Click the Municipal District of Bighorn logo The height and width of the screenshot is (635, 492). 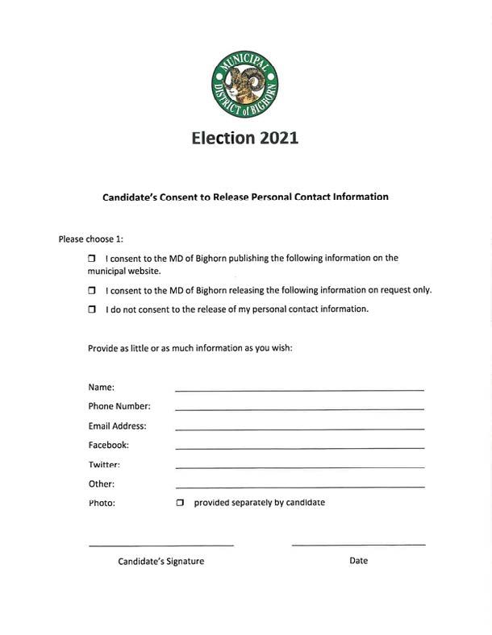[x=244, y=85]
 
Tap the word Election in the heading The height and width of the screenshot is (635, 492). [x=223, y=138]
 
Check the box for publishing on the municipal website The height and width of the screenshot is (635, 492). [x=92, y=259]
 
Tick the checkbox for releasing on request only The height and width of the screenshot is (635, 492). [x=92, y=290]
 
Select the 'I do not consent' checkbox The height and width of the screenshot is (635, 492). [x=92, y=309]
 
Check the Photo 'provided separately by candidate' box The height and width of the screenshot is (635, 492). [x=180, y=503]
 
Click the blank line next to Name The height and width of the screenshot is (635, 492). [x=299, y=390]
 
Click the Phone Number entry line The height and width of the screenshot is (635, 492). [x=299, y=409]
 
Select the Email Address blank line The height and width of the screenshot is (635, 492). [x=299, y=429]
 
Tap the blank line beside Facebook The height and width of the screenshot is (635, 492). [x=299, y=448]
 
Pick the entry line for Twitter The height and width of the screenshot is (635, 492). [x=299, y=467]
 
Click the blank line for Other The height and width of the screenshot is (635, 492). [x=299, y=487]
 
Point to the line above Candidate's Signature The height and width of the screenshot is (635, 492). [x=161, y=546]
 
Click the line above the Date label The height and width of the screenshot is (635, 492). [x=358, y=546]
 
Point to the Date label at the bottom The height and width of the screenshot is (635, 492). [x=358, y=560]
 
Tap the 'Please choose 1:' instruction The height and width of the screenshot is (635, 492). [x=90, y=239]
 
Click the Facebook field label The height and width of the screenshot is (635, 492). [x=108, y=445]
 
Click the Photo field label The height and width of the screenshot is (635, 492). [x=102, y=503]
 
